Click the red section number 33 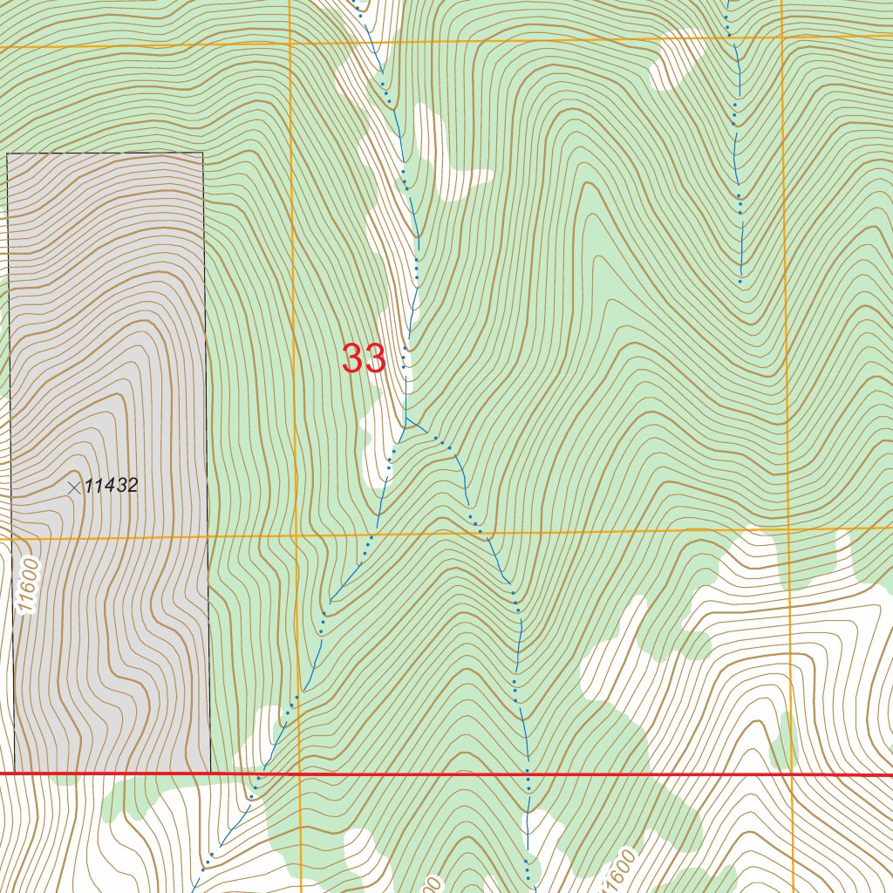tap(364, 358)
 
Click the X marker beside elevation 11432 tap(74, 488)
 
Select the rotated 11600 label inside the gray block tap(28, 587)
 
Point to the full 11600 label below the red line tap(618, 868)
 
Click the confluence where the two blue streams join tap(406, 419)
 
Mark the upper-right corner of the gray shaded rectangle tap(203, 153)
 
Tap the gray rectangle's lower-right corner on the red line tap(210, 773)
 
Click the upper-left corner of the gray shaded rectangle tap(7, 154)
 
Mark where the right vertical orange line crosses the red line tap(791, 774)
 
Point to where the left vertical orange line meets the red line tap(299, 774)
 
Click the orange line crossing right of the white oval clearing tap(782, 36)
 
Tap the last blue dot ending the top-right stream tap(740, 282)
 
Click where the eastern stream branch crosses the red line tap(528, 774)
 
